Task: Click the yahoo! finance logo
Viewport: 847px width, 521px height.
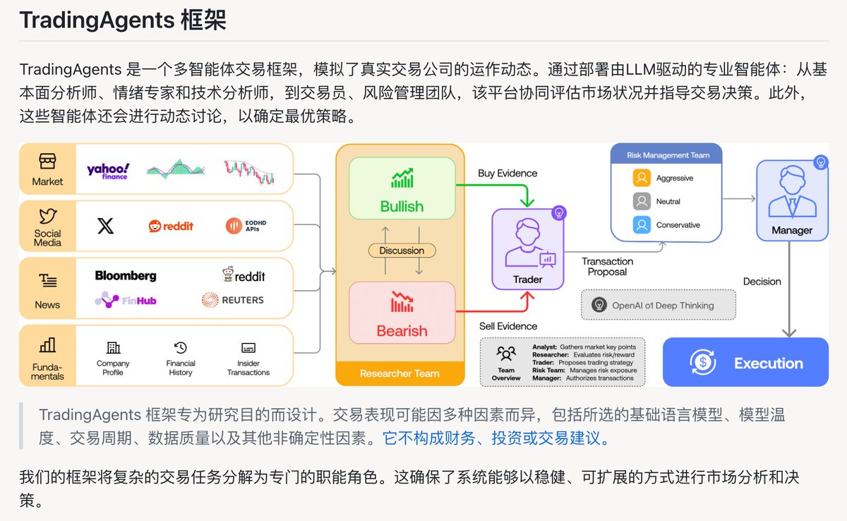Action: [x=108, y=172]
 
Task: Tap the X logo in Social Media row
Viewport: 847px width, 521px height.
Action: [x=105, y=226]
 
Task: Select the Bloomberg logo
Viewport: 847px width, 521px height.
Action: [x=126, y=275]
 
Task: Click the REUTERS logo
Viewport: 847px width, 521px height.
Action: [x=232, y=300]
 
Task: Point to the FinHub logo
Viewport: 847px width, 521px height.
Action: [x=126, y=300]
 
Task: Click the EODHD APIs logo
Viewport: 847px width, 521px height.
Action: [x=246, y=226]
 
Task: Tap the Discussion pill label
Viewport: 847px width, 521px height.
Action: [x=402, y=251]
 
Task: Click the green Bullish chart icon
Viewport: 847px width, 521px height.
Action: [x=402, y=178]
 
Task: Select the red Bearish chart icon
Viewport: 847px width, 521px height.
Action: [x=402, y=301]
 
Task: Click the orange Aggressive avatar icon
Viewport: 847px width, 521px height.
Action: [x=642, y=178]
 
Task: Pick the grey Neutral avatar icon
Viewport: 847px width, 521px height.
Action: [x=642, y=201]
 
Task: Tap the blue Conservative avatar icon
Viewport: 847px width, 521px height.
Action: [x=642, y=225]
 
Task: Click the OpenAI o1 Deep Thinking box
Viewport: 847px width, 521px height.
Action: [x=659, y=305]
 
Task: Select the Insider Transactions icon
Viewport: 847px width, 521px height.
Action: [x=248, y=347]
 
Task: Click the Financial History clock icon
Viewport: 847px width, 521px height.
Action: [x=181, y=347]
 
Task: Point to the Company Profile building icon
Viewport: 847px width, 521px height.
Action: [x=113, y=347]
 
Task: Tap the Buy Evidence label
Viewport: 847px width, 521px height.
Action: [x=507, y=173]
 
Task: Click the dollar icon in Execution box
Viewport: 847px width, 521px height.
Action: [x=702, y=362]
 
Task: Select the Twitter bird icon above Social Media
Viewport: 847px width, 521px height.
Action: [x=48, y=216]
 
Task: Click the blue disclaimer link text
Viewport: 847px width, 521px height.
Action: [x=495, y=438]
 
